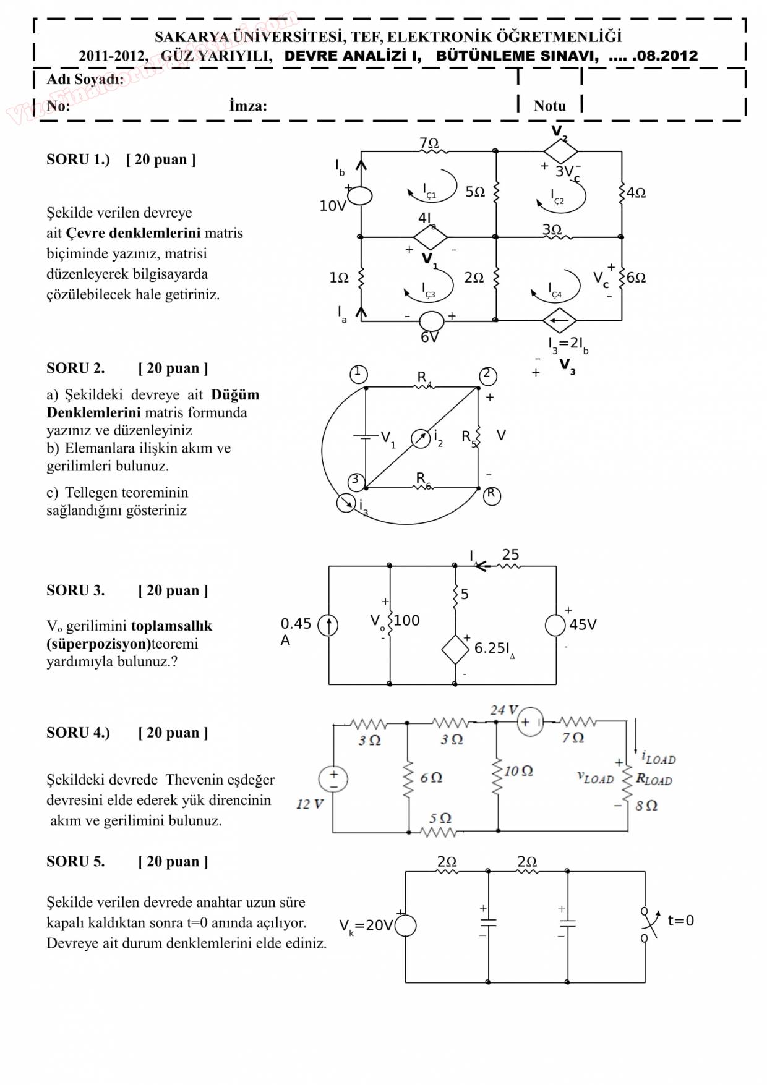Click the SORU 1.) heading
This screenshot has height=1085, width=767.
[x=78, y=160]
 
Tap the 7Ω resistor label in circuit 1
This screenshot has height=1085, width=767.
[x=429, y=143]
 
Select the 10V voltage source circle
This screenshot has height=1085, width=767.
[x=360, y=195]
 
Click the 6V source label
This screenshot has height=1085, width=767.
[x=429, y=338]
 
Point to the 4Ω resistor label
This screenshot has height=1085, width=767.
[x=636, y=193]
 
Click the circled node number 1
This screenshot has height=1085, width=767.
[x=358, y=374]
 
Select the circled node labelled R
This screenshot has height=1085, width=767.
[x=492, y=495]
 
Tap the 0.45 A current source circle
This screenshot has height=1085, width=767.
[x=328, y=626]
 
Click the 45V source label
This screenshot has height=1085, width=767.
[x=583, y=625]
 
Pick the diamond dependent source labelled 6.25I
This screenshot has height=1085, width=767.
[x=455, y=649]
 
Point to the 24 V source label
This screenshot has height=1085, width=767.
[x=503, y=710]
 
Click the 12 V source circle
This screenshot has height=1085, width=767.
[x=333, y=779]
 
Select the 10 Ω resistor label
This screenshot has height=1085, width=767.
[x=518, y=771]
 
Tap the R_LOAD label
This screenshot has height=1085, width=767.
[x=654, y=780]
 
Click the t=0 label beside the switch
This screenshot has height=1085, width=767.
[x=680, y=921]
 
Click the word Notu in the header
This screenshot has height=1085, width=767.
[x=549, y=106]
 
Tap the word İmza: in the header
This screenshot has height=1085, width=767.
[x=248, y=106]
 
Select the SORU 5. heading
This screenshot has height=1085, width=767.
[x=75, y=862]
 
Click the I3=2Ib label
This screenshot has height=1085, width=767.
[x=568, y=344]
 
